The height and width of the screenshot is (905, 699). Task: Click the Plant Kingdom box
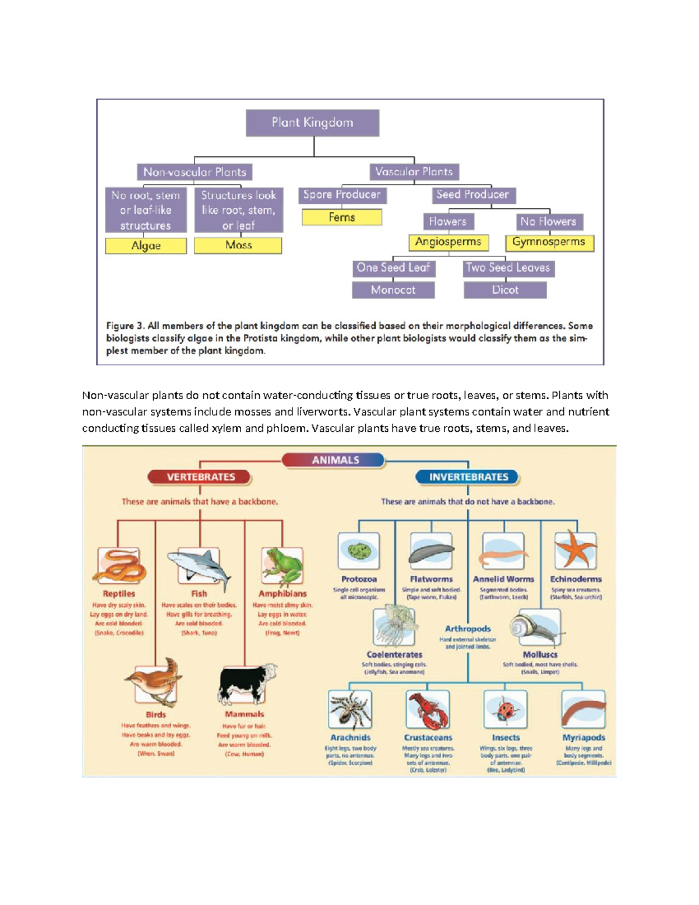pos(312,123)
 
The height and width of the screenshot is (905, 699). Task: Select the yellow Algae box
pos(146,246)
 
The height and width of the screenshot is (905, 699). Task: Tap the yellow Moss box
pos(238,245)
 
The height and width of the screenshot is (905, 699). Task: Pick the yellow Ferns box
pos(342,217)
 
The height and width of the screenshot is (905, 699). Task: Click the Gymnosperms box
pos(549,242)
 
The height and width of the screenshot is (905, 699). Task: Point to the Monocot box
pos(393,290)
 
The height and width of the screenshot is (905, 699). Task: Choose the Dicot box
pos(505,290)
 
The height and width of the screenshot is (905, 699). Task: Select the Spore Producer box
pos(342,195)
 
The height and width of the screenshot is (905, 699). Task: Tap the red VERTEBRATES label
pos(201,477)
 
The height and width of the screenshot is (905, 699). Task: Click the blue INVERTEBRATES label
pos(468,477)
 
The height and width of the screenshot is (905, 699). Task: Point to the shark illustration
pos(199,567)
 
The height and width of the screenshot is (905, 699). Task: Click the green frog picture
pos(283,566)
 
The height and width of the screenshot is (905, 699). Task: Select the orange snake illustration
pos(119,566)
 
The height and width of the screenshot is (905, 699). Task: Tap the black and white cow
pos(245,684)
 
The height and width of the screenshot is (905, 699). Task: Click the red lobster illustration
pos(428,710)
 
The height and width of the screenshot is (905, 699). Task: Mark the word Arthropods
pos(468,629)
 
